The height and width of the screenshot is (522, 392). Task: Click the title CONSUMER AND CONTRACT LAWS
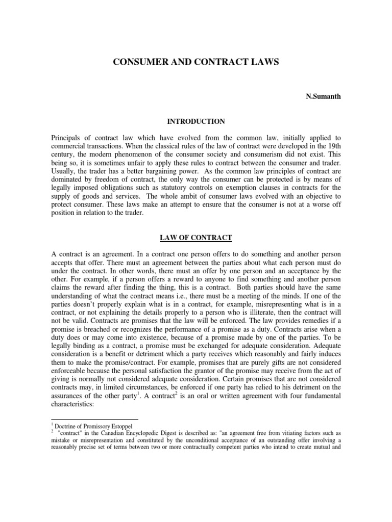(x=195, y=62)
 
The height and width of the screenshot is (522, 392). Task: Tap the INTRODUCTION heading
(x=196, y=121)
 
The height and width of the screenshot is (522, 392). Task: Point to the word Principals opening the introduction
(x=69, y=138)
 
